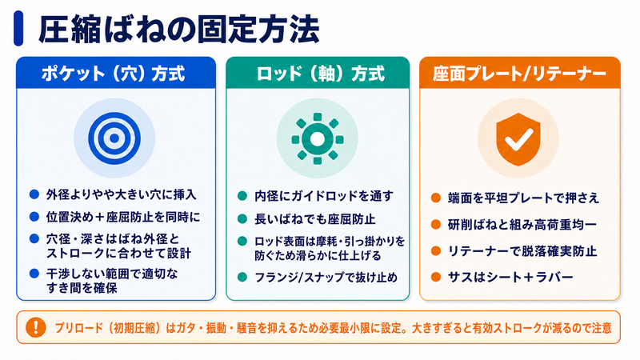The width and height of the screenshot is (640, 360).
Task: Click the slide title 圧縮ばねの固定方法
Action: (178, 29)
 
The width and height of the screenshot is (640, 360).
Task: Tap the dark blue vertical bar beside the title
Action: (18, 28)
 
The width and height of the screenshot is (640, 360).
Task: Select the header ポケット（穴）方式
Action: (114, 74)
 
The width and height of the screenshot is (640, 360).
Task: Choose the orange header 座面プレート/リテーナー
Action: (519, 74)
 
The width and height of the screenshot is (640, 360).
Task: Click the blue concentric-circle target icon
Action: (114, 138)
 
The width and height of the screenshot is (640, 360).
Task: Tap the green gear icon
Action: (317, 138)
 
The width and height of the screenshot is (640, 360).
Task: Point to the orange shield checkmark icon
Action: (518, 139)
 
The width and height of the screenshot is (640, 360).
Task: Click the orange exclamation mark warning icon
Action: (35, 327)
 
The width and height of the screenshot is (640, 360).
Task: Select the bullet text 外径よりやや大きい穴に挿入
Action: (122, 194)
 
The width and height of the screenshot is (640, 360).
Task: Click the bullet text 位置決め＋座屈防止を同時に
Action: (123, 217)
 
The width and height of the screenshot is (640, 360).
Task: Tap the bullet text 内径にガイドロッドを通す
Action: (324, 196)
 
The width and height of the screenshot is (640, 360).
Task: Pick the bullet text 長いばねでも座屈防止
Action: (314, 219)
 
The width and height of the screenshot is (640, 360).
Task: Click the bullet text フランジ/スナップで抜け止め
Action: (326, 278)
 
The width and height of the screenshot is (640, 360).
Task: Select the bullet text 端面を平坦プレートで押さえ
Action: (523, 198)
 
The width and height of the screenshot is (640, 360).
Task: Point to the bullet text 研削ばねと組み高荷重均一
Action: (522, 225)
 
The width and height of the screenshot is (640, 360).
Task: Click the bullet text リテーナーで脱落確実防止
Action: (522, 251)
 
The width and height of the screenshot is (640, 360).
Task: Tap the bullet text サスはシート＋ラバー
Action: (510, 278)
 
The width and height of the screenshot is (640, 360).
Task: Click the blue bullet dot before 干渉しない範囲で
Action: (34, 273)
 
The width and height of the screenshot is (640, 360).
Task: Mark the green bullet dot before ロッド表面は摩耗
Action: (242, 241)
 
